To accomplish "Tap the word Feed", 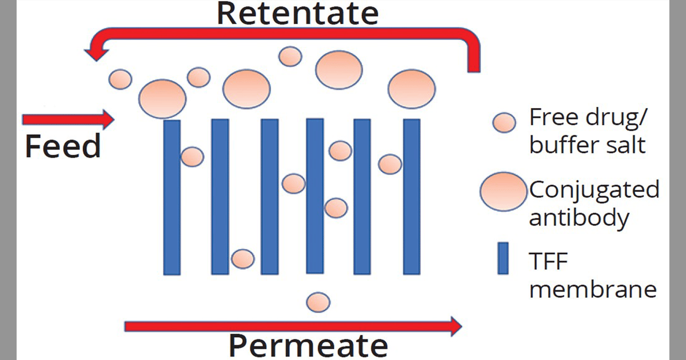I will (63, 147).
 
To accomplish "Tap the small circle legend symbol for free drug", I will (505, 122).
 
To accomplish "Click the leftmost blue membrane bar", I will (172, 197).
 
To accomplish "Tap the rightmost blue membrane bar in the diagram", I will (412, 197).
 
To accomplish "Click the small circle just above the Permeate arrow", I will (318, 302).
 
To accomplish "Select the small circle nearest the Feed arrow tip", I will (121, 78).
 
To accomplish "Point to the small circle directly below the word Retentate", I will (290, 56).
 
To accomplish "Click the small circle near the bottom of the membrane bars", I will (242, 258).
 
